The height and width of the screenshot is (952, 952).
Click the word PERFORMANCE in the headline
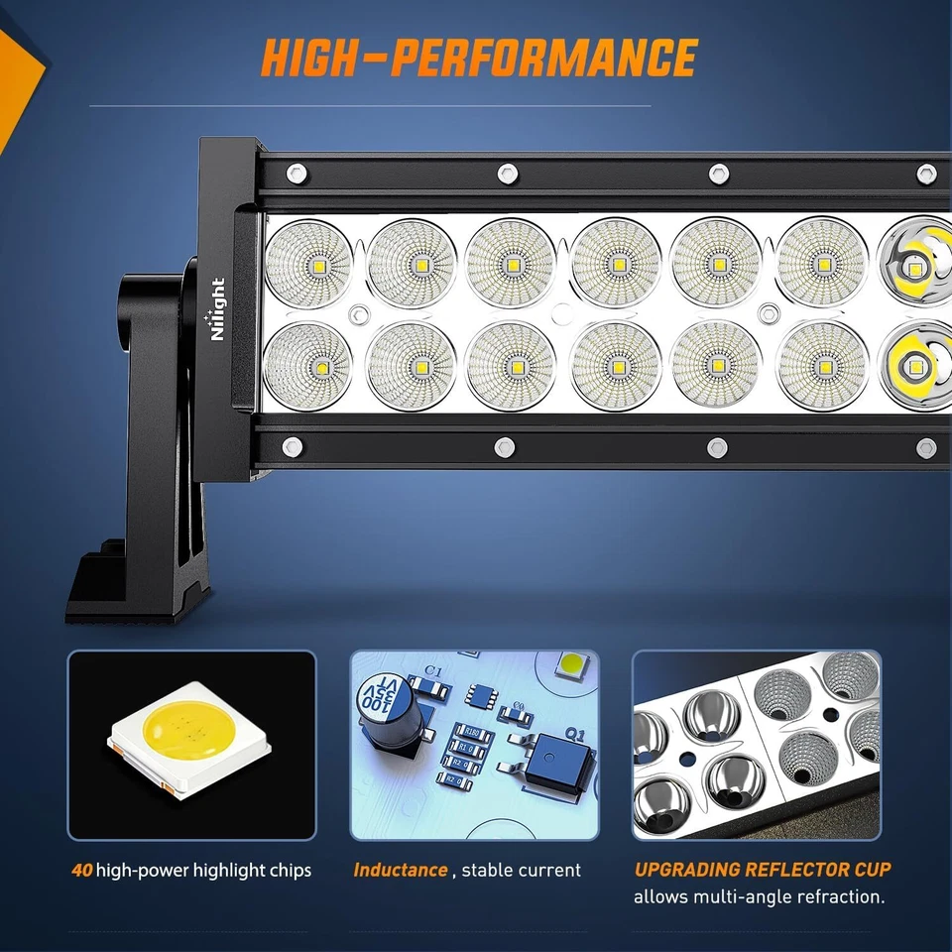(x=543, y=58)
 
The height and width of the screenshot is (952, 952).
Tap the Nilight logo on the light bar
(x=217, y=309)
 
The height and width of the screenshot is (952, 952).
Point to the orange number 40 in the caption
(x=81, y=871)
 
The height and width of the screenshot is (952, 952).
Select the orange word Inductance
(x=401, y=870)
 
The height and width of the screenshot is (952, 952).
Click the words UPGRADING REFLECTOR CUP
(x=763, y=870)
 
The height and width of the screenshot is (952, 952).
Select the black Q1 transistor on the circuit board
(x=557, y=764)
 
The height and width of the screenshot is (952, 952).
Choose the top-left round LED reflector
(x=309, y=262)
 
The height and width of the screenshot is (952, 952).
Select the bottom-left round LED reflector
(x=309, y=365)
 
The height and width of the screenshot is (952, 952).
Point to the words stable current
(x=522, y=870)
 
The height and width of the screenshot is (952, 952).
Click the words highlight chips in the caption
(x=252, y=871)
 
